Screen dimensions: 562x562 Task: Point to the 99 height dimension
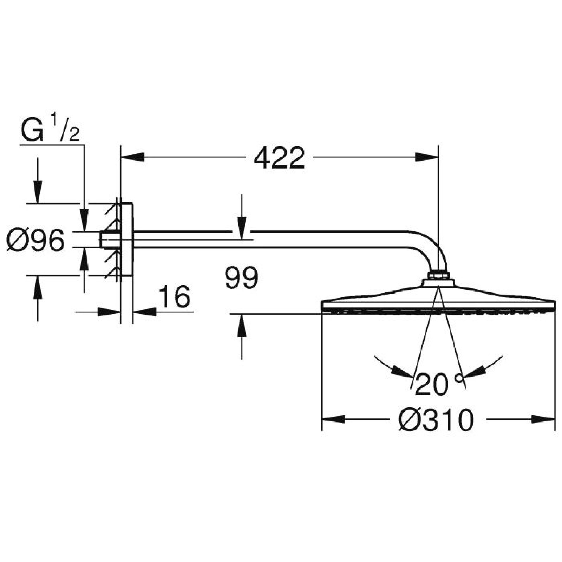pyautogui.click(x=241, y=278)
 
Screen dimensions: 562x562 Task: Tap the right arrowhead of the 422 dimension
pyautogui.click(x=427, y=157)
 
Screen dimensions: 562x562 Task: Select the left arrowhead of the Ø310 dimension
pyautogui.click(x=334, y=419)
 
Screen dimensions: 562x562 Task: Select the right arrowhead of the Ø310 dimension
pyautogui.click(x=543, y=419)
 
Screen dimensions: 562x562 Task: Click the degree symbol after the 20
pyautogui.click(x=459, y=378)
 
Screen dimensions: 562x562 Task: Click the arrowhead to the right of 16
pyautogui.click(x=145, y=312)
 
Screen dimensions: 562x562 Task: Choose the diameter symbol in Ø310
pyautogui.click(x=408, y=420)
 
